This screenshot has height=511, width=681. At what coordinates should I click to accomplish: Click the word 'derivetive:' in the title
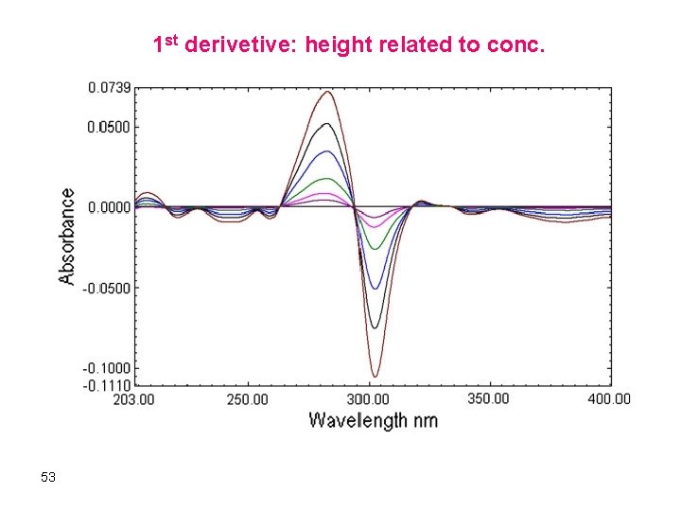(240, 44)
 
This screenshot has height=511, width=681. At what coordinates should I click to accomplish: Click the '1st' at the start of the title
(166, 44)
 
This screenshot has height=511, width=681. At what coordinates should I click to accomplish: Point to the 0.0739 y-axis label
(109, 87)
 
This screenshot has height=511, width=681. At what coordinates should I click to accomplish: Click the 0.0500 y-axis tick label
(109, 127)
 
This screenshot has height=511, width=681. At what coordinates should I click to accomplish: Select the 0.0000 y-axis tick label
(109, 206)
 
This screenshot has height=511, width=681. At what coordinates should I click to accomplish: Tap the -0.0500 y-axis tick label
(107, 288)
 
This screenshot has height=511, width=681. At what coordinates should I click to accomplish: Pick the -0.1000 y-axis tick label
(107, 368)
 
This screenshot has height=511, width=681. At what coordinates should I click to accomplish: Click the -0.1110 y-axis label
(107, 385)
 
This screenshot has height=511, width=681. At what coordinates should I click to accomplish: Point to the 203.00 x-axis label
(134, 399)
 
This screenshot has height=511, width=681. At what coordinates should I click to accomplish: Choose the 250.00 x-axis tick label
(247, 399)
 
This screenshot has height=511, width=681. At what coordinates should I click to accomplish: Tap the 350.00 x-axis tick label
(488, 398)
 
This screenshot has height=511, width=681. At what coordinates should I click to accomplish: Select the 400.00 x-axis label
(609, 399)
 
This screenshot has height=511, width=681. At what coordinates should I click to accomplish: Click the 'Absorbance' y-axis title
(67, 237)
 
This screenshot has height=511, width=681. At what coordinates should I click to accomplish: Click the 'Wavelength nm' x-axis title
(374, 419)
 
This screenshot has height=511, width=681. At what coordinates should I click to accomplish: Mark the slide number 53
(48, 477)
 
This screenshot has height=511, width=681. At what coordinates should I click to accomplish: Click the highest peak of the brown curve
(327, 92)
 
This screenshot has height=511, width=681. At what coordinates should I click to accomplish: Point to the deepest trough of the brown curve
(375, 377)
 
